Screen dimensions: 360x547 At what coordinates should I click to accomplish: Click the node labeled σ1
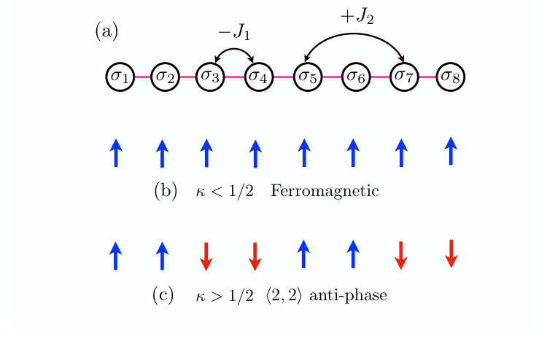(x=120, y=76)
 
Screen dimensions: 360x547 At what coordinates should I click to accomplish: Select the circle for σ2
(x=166, y=76)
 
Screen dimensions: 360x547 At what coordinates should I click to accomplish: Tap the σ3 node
(x=211, y=76)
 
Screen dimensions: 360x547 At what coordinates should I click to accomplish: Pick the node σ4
(x=257, y=76)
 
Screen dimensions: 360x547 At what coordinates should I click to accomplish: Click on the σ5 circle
(x=306, y=76)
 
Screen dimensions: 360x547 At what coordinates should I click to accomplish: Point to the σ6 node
(x=355, y=76)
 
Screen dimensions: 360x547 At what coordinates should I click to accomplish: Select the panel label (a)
(x=106, y=31)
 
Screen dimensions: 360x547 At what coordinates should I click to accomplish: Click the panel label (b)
(x=166, y=192)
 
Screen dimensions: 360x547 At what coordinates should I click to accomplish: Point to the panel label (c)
(x=163, y=295)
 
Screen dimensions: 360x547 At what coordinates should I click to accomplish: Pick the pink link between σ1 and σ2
(x=143, y=76)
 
